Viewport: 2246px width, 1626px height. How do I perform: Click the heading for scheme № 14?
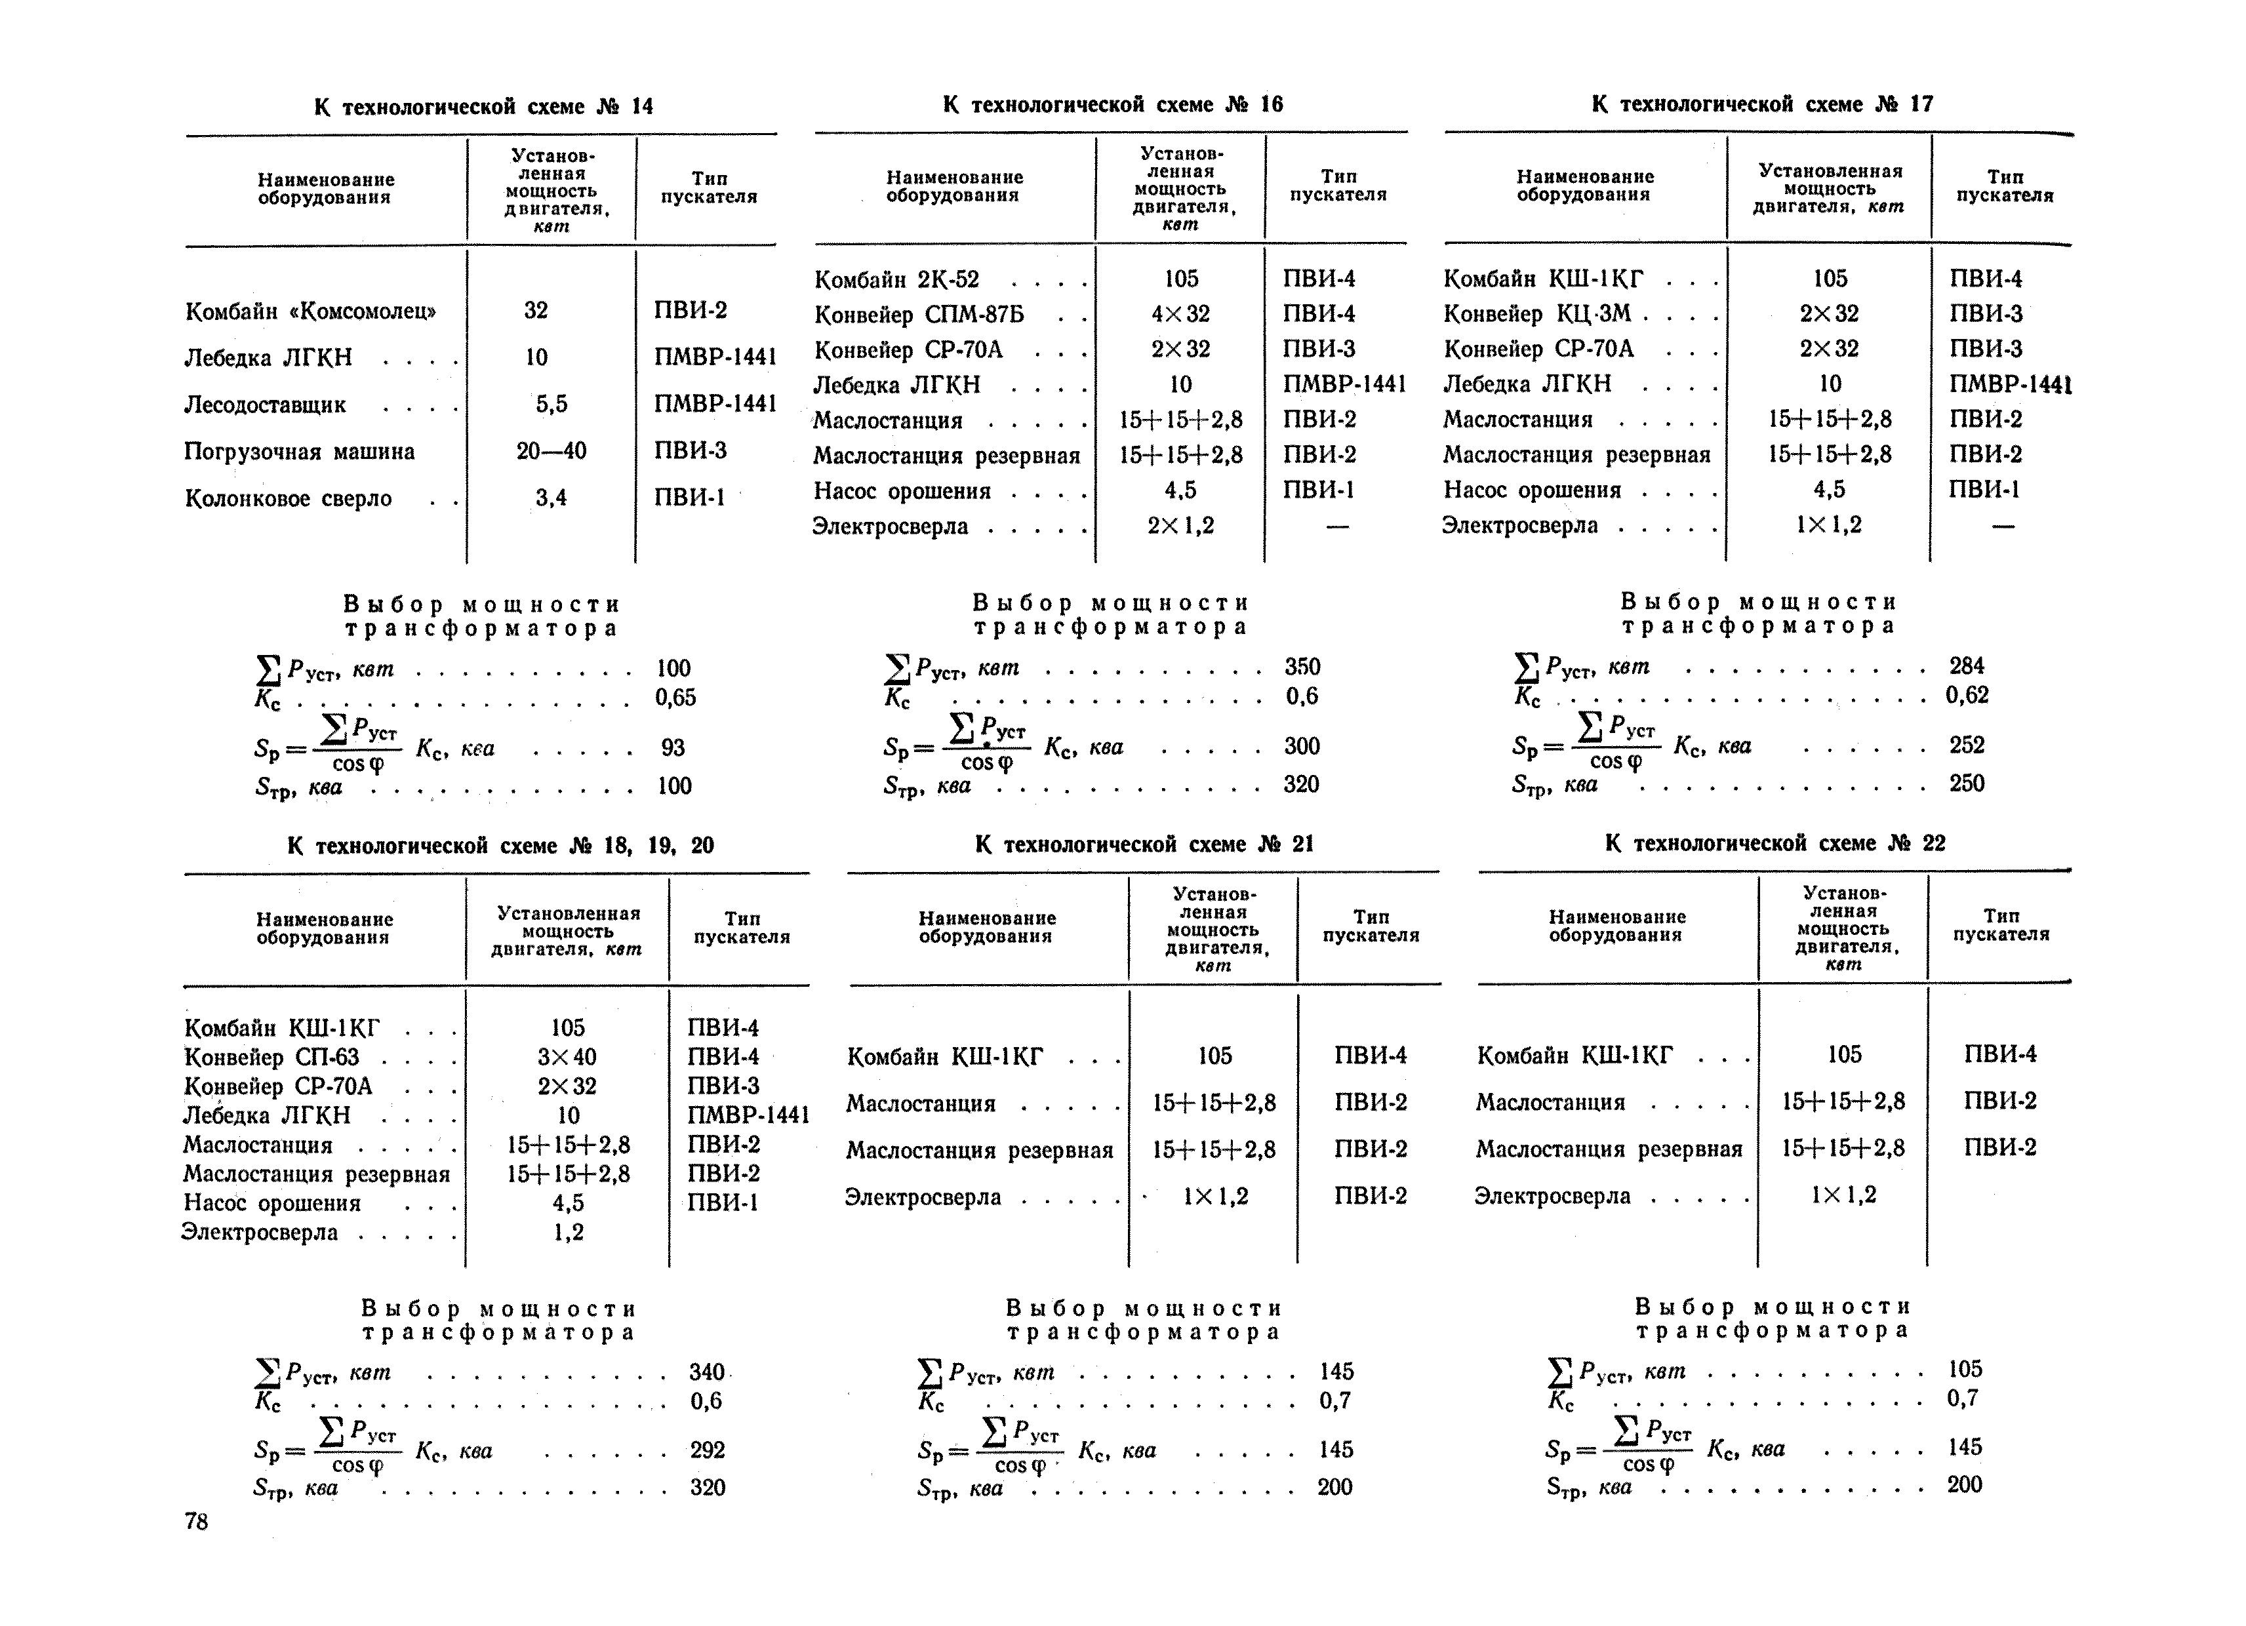tap(483, 106)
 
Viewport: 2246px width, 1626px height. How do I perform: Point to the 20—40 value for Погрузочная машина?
tap(551, 452)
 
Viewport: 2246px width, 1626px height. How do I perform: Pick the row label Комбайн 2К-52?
tap(896, 279)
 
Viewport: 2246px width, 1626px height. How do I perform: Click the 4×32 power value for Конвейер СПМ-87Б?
tap(1180, 314)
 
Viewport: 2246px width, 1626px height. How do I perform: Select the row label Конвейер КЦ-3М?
tap(1537, 314)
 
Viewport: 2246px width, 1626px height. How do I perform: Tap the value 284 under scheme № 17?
tap(1966, 665)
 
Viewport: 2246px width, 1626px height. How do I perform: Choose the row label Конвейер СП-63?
tap(271, 1057)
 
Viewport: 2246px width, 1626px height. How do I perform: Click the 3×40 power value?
tap(567, 1057)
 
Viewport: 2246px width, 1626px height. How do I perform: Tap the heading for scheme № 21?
tap(1144, 844)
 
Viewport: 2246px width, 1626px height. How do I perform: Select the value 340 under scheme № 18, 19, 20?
tap(707, 1372)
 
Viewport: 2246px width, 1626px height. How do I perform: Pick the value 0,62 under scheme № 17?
tap(1967, 695)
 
